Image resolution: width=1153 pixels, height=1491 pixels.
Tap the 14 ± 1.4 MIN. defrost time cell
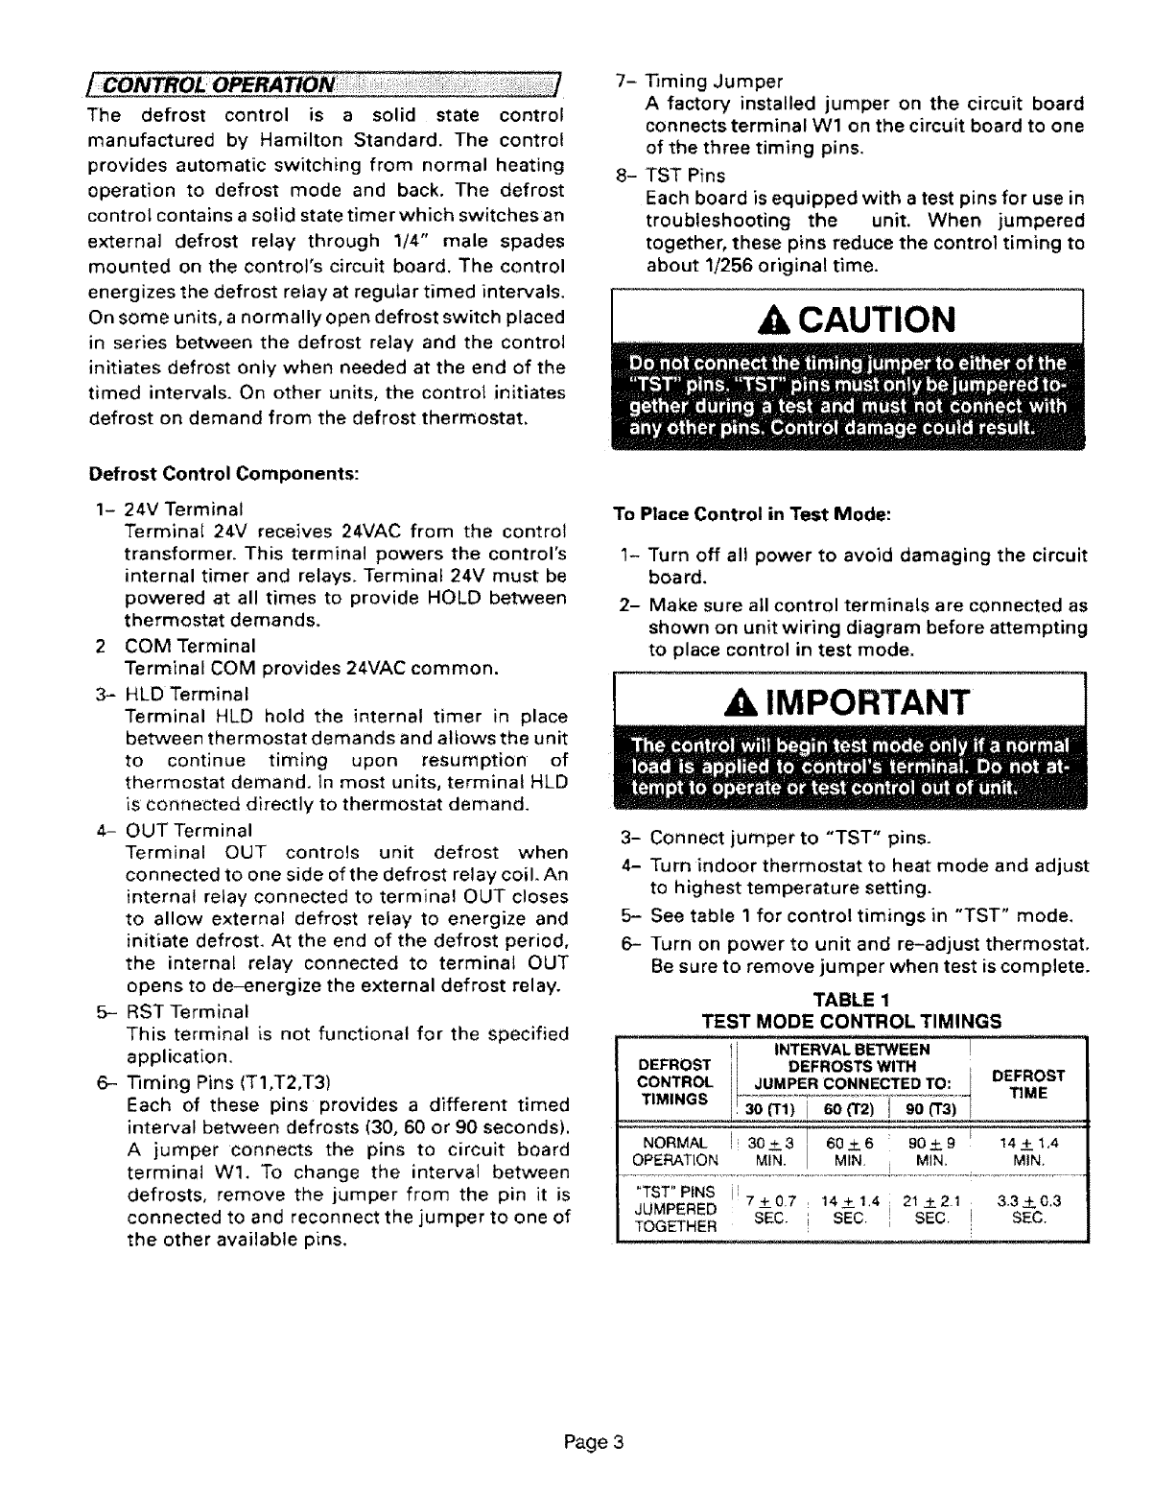[1028, 1151]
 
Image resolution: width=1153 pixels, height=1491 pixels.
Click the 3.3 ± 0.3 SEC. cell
[1028, 1207]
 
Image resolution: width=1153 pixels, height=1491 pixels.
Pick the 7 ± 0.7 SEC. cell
[765, 1207]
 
